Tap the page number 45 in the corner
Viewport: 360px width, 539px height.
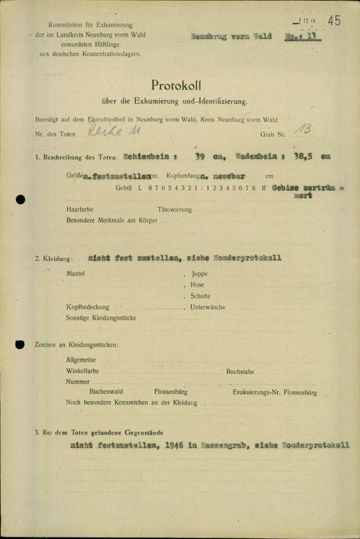point(334,21)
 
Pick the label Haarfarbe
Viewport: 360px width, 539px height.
point(78,210)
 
